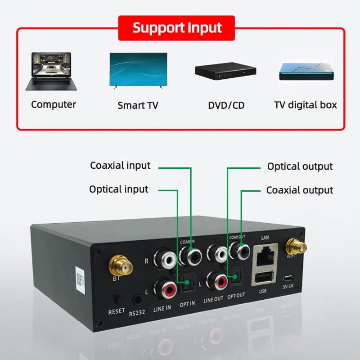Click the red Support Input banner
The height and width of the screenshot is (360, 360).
tap(176, 28)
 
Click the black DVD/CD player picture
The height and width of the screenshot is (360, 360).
tap(225, 72)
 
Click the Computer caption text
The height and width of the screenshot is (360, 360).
tap(54, 104)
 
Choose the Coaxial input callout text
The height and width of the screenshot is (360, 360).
tap(120, 165)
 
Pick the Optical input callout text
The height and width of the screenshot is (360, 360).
tap(118, 189)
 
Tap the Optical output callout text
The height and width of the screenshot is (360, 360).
tap(300, 166)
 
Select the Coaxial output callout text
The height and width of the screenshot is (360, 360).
tap(300, 190)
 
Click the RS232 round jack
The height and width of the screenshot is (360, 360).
tap(137, 300)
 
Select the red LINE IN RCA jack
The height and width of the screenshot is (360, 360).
tap(164, 289)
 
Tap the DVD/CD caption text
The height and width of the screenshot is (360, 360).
tap(226, 106)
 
